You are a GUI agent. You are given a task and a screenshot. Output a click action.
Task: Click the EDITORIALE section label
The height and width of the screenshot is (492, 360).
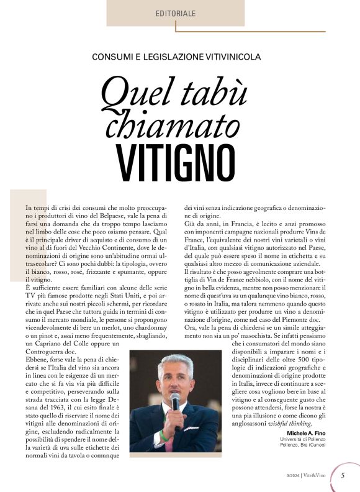176,13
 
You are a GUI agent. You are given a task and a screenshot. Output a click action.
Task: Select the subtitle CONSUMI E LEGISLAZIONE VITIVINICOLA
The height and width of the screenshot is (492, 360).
176,57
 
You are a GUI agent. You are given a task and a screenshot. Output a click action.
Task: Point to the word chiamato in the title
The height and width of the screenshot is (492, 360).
173,121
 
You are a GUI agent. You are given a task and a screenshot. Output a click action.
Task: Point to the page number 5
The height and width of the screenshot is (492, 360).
343,476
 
